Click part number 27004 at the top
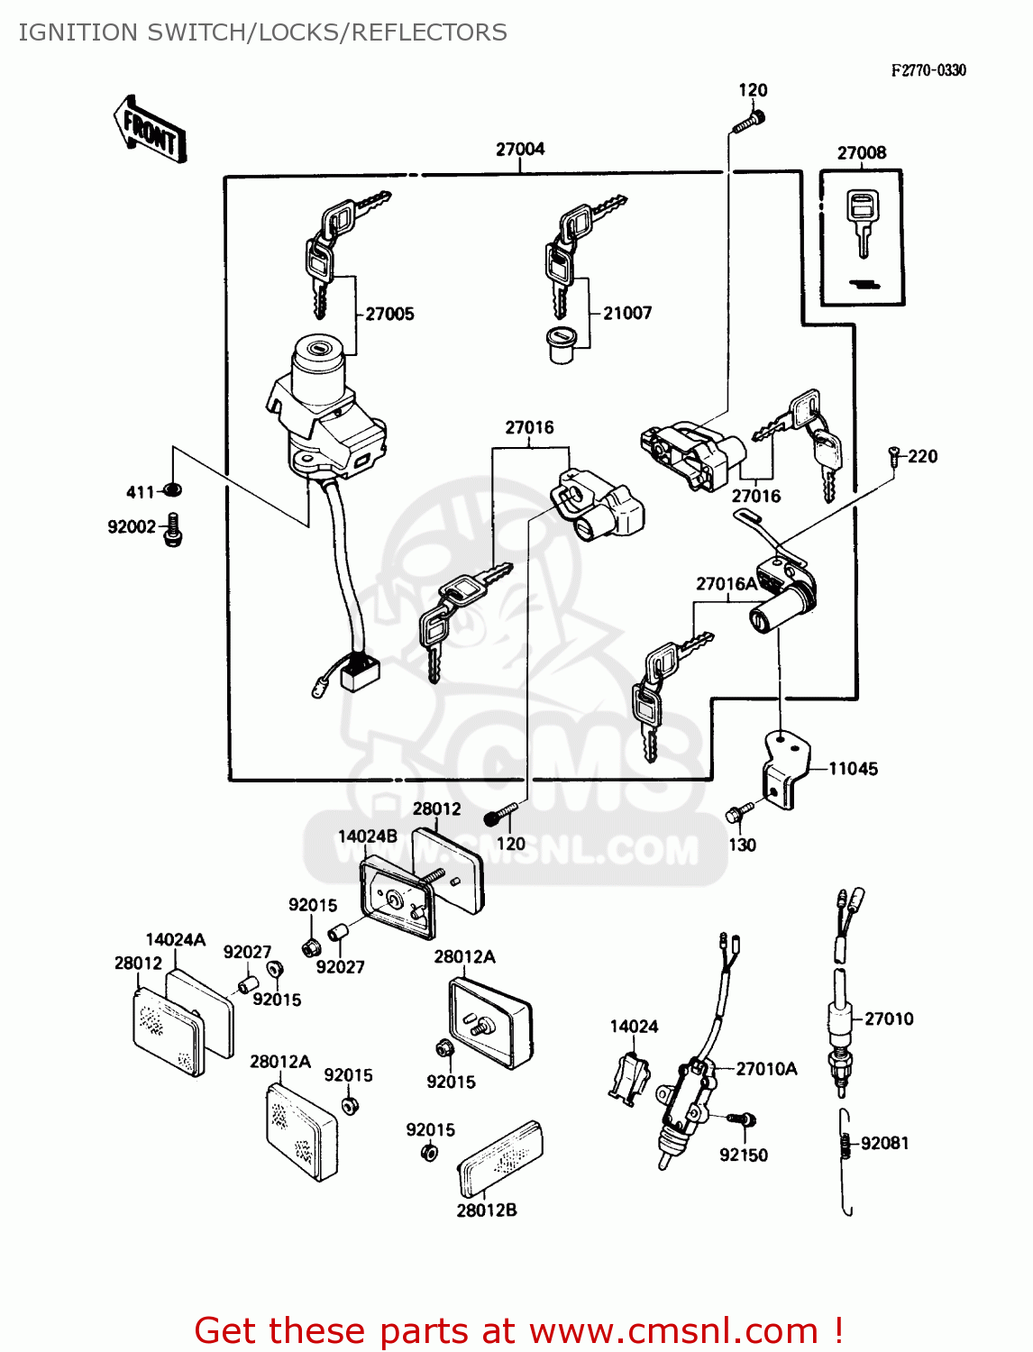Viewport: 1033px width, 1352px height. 520,149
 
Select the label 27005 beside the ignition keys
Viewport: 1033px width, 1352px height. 389,314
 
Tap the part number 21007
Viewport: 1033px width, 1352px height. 627,313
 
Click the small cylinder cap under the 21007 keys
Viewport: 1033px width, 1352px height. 562,345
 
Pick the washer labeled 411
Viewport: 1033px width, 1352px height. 171,489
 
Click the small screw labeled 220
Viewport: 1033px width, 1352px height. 893,456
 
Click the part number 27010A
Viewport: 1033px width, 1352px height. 766,1069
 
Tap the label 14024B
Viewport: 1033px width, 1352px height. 368,836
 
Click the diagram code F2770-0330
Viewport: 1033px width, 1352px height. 928,71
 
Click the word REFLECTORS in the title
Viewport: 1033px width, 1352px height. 429,32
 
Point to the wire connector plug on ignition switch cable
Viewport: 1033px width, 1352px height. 360,671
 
